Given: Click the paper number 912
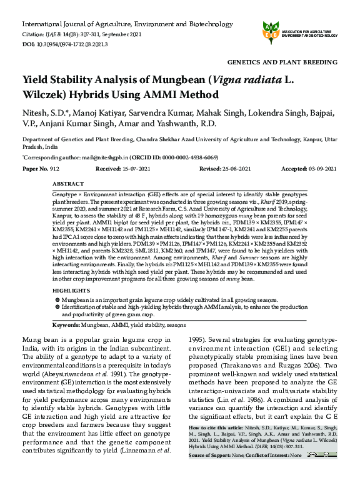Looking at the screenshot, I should (54, 169).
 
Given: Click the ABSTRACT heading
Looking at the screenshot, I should (68, 184).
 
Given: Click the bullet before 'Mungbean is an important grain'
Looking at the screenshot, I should (57, 301).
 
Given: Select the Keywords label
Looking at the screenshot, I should (67, 326).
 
